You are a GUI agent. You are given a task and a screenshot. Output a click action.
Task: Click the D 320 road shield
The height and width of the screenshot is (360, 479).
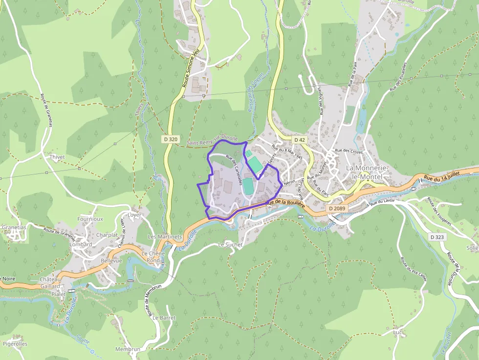(x=171, y=139)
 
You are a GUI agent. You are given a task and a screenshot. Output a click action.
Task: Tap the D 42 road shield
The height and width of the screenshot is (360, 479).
(x=299, y=140)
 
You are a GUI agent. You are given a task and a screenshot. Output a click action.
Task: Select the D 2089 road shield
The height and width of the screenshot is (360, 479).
(x=337, y=209)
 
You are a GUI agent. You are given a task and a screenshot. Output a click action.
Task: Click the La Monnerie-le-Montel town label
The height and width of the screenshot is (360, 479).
(x=367, y=172)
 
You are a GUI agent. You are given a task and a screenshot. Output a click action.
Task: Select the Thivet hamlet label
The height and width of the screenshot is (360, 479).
(x=57, y=157)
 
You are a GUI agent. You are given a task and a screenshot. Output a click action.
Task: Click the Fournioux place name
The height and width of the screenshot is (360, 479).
(x=90, y=219)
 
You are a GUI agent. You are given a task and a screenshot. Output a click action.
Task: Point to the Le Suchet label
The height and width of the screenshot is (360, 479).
(x=230, y=244)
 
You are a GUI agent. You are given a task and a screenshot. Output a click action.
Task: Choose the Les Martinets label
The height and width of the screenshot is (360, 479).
(x=165, y=237)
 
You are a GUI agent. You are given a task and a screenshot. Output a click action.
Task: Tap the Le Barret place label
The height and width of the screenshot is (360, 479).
(x=164, y=318)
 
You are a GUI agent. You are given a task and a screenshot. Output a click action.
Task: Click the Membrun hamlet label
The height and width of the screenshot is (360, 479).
(x=128, y=349)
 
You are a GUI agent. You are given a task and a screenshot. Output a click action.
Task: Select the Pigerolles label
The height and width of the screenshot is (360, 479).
(x=15, y=344)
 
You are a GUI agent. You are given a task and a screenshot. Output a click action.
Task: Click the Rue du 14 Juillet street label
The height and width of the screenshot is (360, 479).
(x=443, y=176)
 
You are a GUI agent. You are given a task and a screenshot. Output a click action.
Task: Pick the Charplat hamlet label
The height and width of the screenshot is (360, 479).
(x=107, y=235)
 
